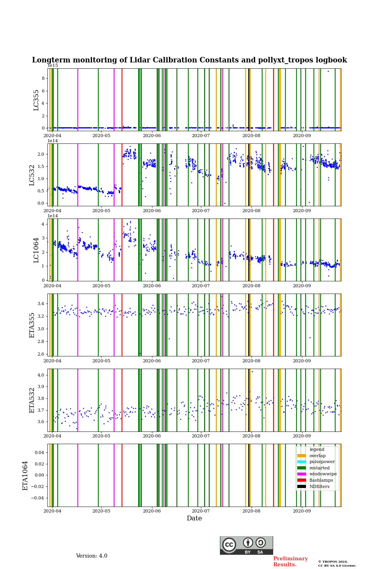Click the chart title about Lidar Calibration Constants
189,60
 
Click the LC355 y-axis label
36,100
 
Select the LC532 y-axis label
32,175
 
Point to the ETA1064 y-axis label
25,475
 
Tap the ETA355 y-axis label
32,325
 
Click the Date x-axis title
194,518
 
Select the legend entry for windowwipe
323,474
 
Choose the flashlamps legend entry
321,480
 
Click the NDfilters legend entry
319,486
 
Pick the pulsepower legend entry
322,462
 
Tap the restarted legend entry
319,468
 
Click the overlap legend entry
317,456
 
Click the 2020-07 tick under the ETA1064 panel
201,511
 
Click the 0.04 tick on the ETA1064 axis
39,452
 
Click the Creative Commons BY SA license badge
246,545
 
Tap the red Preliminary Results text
290,561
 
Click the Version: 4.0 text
92,556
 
